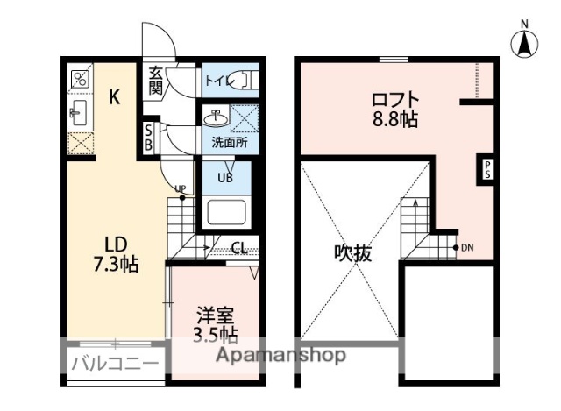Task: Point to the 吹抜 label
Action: point(353,253)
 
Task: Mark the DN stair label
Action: point(469,246)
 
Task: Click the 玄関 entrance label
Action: point(156,80)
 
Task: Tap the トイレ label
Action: point(217,81)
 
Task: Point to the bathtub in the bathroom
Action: point(226,213)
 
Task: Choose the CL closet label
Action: point(238,247)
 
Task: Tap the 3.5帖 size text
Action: point(215,334)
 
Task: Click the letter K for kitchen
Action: point(114,97)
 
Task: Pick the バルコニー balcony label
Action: point(115,363)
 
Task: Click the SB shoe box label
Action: point(149,138)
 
